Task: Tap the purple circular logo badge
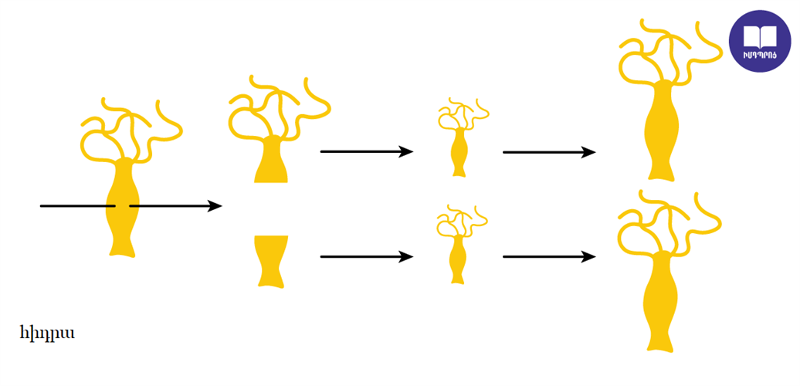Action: [760, 42]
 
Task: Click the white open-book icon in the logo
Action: [760, 37]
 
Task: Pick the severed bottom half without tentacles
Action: [272, 261]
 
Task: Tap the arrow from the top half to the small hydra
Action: [366, 151]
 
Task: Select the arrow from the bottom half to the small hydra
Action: [366, 256]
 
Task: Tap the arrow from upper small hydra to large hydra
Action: [549, 152]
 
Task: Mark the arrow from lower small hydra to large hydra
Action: [549, 256]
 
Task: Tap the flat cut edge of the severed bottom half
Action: [272, 236]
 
